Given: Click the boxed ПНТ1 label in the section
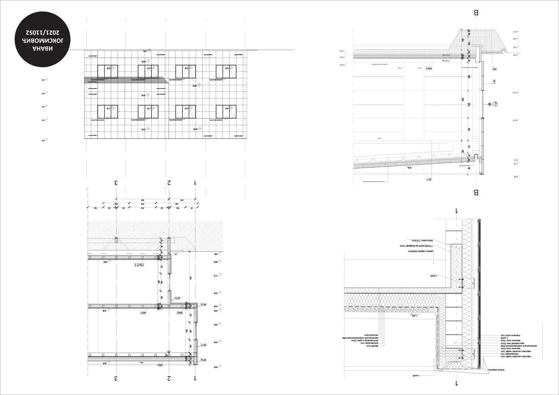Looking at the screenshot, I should [139, 265].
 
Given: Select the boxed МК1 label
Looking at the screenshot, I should [143, 313].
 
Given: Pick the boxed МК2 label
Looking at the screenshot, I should [180, 313].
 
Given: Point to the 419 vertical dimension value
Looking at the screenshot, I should [190, 278].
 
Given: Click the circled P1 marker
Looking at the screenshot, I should [495, 104].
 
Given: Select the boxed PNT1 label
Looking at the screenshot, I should [429, 68].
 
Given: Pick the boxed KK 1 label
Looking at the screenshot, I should [429, 180].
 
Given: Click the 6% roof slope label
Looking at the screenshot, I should [409, 167].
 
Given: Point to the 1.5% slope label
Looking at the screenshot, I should [414, 316].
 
